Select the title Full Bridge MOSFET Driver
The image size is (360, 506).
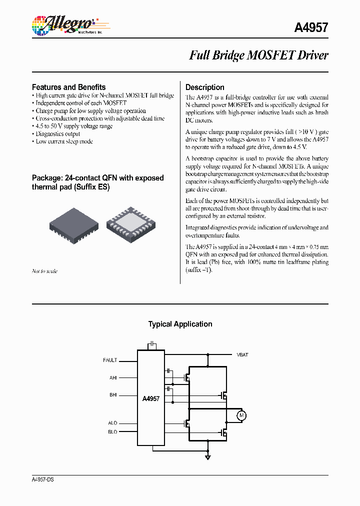(258, 55)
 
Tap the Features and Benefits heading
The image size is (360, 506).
(68, 87)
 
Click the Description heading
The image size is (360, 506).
(205, 87)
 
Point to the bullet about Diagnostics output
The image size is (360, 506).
(57, 134)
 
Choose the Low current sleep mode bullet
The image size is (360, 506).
(64, 141)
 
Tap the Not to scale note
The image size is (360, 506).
(44, 271)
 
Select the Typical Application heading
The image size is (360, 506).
(180, 324)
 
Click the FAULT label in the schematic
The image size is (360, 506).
(110, 360)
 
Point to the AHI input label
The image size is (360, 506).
(113, 378)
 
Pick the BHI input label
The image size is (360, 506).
(113, 394)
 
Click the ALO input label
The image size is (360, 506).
(112, 423)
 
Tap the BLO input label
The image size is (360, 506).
(112, 432)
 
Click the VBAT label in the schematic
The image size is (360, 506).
(242, 354)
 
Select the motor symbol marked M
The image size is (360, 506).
(241, 415)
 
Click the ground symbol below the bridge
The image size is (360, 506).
(208, 456)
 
